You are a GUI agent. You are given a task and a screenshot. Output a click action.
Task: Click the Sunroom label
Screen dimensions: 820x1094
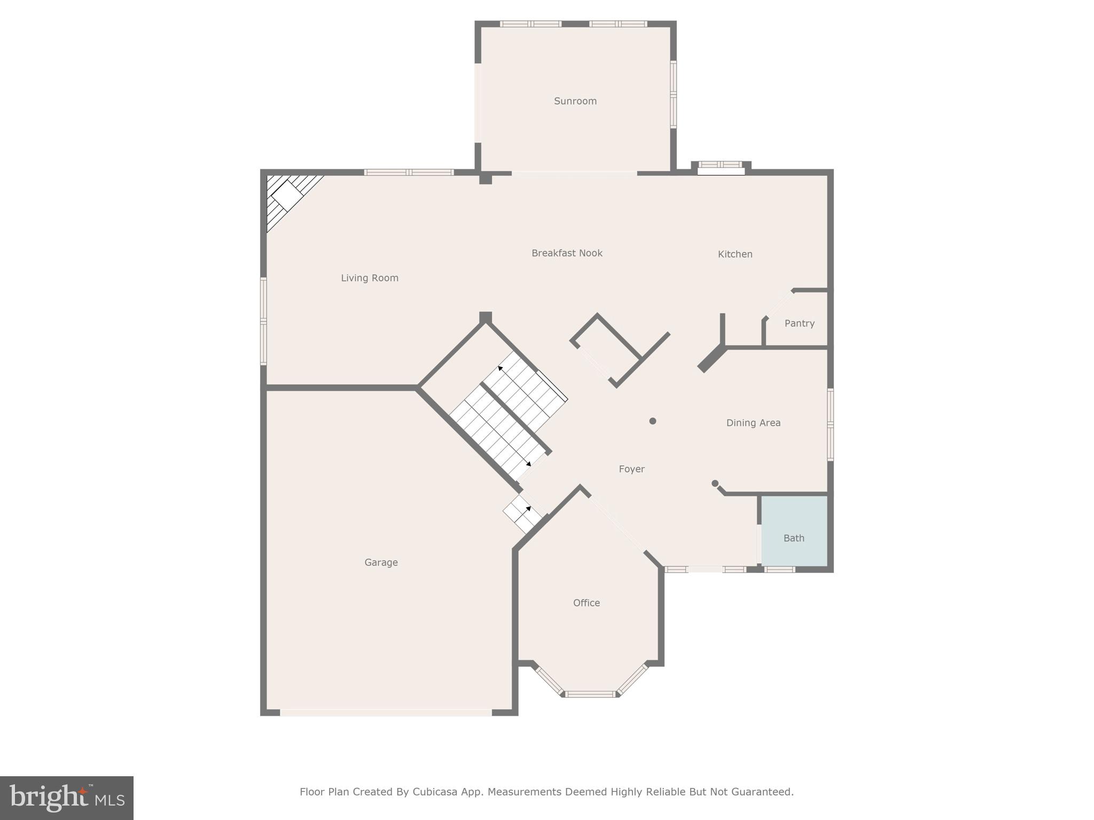[575, 101]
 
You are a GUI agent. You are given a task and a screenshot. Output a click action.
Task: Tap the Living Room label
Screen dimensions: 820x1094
[370, 278]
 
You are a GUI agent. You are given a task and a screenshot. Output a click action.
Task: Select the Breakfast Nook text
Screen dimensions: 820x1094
[567, 253]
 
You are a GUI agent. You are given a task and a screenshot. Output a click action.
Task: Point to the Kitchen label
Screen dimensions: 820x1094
[735, 254]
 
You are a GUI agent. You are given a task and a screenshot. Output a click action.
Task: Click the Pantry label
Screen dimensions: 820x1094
[799, 323]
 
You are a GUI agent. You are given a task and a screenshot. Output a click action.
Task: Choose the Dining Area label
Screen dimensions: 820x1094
[753, 423]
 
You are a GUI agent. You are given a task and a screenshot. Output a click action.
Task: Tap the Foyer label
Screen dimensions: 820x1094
[631, 469]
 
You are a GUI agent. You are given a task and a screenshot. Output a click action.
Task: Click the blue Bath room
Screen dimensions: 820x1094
[794, 531]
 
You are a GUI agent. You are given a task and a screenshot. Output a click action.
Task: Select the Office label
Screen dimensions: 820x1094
[586, 603]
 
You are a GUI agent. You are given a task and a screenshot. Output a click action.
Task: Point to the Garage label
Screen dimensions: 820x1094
[381, 562]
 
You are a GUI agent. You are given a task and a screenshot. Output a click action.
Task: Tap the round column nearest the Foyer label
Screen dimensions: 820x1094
[652, 421]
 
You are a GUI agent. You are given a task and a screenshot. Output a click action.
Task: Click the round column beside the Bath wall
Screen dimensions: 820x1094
[715, 484]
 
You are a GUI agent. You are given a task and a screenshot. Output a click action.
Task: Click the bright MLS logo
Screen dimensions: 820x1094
[67, 798]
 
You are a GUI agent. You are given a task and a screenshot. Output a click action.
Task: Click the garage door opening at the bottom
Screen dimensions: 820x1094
[386, 713]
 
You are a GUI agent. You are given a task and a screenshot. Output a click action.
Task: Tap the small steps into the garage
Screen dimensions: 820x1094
[523, 514]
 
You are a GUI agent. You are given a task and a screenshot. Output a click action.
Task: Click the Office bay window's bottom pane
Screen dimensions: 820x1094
[590, 694]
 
